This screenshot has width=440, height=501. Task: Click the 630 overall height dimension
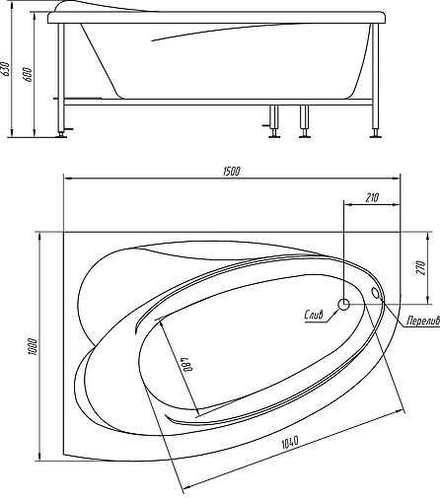[7, 69]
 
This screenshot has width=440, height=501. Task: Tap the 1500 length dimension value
[231, 171]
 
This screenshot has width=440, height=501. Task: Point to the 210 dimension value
[372, 198]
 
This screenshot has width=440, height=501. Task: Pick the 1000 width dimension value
[32, 346]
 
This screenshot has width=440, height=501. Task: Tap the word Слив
[314, 317]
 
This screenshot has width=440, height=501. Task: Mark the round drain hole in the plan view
[345, 305]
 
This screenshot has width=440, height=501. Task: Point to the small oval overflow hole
[378, 292]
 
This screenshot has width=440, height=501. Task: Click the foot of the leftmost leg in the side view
[65, 134]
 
